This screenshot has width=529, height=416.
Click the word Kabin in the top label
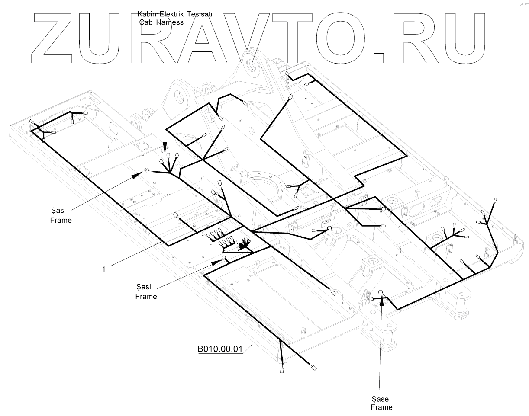pos(146,14)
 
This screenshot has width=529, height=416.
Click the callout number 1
pos(104,269)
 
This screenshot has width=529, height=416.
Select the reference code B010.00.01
pos(219,349)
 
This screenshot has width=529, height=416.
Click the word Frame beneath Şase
pos(382,407)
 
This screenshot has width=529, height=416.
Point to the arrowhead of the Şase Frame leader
pos(382,301)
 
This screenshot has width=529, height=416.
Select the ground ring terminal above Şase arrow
pos(381,292)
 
